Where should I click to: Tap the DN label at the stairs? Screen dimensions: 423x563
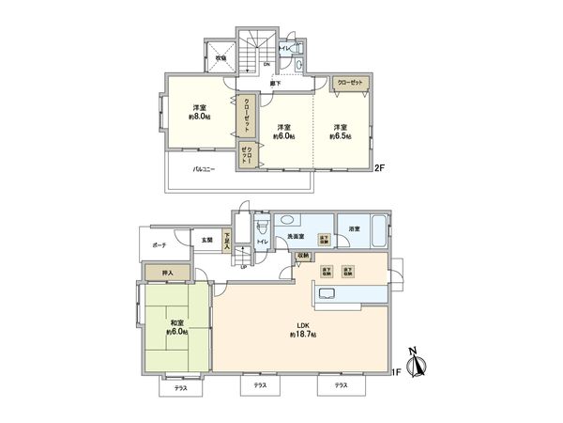click(x=266, y=64)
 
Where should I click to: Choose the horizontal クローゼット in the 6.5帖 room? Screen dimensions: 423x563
click(x=352, y=83)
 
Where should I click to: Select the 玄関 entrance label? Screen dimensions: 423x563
click(x=205, y=241)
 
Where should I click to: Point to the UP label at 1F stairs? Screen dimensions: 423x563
click(x=245, y=267)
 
